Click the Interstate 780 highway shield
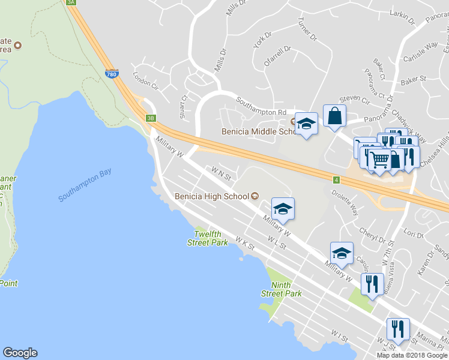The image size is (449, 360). pos(111,74)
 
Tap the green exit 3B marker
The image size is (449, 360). pos(151,118)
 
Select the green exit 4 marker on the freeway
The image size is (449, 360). pos(337,179)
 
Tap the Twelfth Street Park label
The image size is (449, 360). pos(207,238)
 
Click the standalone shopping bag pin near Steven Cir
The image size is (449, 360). pos(334,116)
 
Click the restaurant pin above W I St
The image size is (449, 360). pos(398,329)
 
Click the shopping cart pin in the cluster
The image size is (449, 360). pos(379,160)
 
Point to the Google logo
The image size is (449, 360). pos(20,353)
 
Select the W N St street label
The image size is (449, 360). pos(221,174)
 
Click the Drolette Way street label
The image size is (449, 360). pos(346,202)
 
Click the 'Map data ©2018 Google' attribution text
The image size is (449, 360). pos(412,355)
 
